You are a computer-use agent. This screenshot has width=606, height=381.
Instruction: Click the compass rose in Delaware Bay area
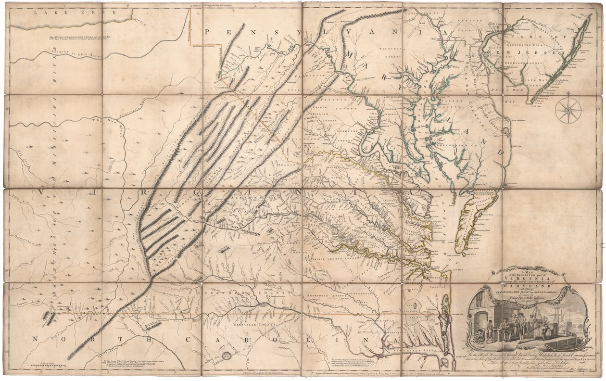566,110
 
